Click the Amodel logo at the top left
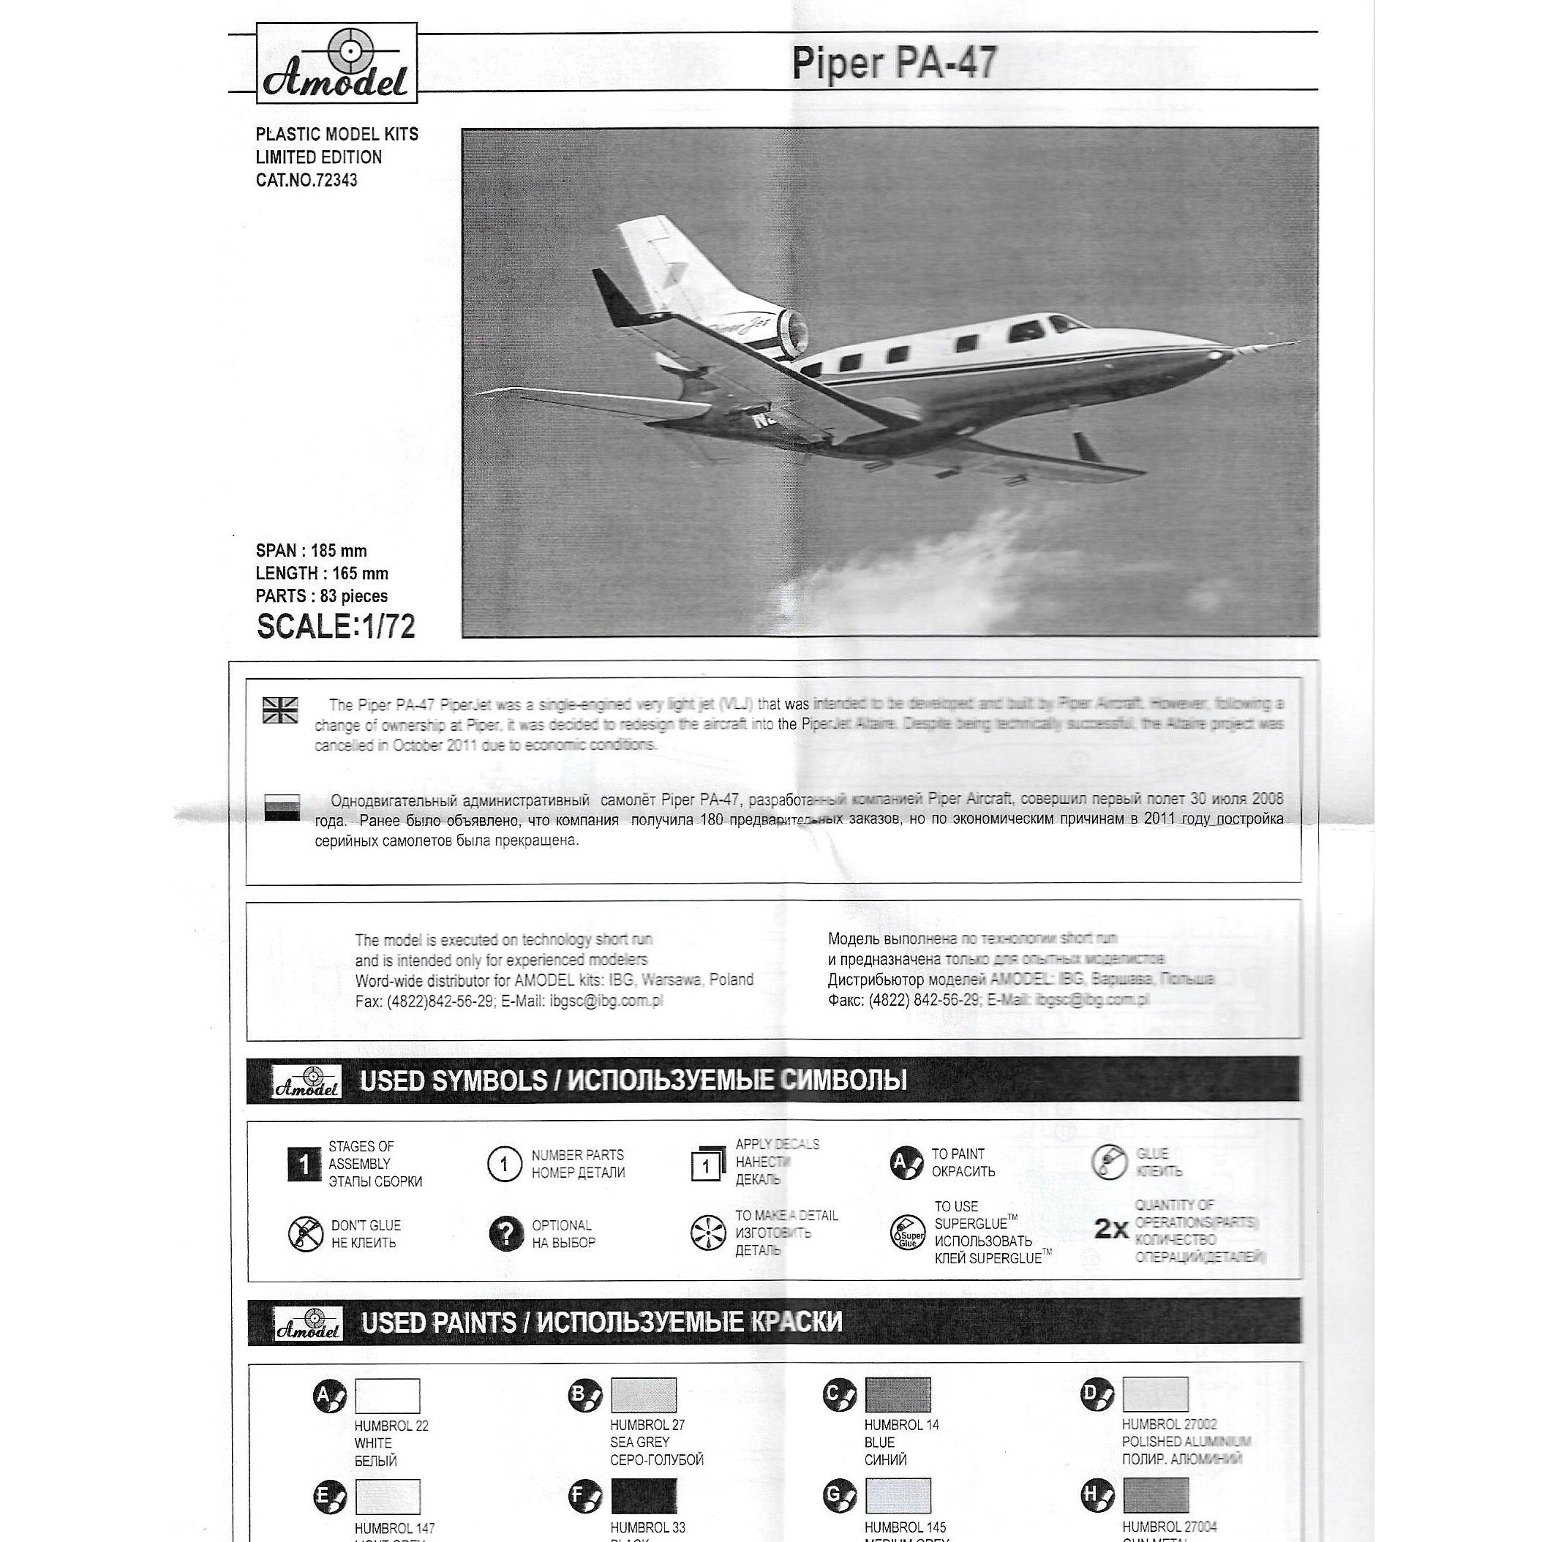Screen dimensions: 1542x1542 click(x=336, y=63)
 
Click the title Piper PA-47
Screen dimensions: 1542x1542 click(x=894, y=64)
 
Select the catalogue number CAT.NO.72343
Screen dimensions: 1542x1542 click(x=306, y=181)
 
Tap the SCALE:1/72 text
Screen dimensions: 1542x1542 click(x=336, y=627)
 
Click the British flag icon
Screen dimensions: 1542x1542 click(x=280, y=710)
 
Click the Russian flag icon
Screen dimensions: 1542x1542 click(x=282, y=808)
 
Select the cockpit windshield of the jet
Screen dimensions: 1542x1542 click(x=1066, y=323)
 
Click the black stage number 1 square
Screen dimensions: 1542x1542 click(x=304, y=1165)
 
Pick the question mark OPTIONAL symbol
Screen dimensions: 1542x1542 click(x=505, y=1234)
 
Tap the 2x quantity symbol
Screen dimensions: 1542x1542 click(x=1110, y=1230)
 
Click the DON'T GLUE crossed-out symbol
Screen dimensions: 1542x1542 click(x=305, y=1234)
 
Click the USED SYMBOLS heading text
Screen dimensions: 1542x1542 click(x=633, y=1080)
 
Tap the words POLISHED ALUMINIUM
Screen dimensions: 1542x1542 click(x=1186, y=1442)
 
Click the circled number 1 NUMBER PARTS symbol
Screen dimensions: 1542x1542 click(x=503, y=1165)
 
